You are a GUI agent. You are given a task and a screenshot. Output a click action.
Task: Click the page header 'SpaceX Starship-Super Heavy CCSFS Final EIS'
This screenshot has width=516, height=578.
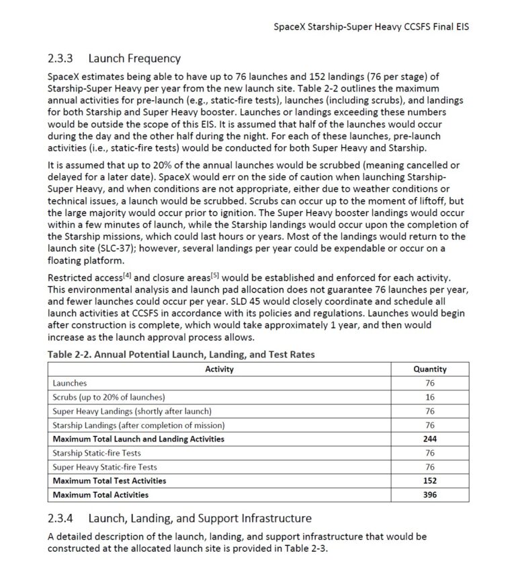pos(372,28)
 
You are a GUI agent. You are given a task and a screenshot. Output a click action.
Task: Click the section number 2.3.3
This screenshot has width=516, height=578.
pos(63,59)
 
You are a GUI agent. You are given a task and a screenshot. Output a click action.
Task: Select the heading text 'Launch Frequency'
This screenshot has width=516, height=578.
pos(134,59)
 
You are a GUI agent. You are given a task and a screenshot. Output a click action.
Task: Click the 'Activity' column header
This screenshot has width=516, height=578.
pos(219,369)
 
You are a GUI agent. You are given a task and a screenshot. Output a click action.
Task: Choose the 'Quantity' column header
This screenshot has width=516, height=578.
pos(430,369)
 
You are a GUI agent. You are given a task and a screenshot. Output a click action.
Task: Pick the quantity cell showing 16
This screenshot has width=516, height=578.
pos(430,397)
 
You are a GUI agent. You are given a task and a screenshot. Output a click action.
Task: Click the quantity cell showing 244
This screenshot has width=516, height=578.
pos(430,439)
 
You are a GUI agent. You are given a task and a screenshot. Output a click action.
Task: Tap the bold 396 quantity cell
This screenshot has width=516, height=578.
pos(430,495)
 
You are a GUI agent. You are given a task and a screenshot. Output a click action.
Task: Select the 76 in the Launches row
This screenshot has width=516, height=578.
pos(430,383)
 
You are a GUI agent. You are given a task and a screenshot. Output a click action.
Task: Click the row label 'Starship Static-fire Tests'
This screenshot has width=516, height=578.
pos(97,453)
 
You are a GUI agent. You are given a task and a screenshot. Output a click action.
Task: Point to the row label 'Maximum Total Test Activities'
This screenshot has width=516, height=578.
pos(109,480)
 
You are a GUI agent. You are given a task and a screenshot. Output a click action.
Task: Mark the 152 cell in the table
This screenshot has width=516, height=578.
pos(430,480)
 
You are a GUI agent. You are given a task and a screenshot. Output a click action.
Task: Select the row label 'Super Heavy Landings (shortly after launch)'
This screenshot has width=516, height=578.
pos(132,411)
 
